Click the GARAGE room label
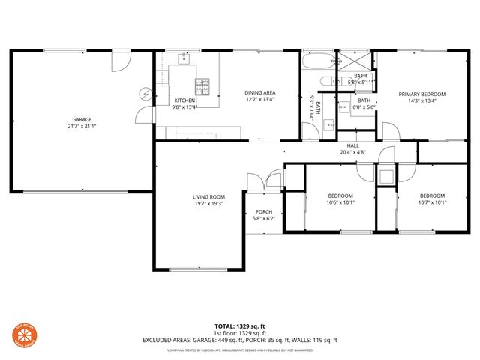coord(82,119)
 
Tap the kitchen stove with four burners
coord(202,84)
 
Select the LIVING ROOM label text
coord(208,196)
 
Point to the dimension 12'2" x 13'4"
coord(259,99)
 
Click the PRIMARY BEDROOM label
coord(421,94)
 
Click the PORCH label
coord(263,211)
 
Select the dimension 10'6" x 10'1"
coord(340,202)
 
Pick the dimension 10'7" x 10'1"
coord(432,202)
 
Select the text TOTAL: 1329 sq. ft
coord(240,326)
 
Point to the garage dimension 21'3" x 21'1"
coord(82,126)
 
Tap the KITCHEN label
coord(184,100)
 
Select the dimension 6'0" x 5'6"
coord(364,106)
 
